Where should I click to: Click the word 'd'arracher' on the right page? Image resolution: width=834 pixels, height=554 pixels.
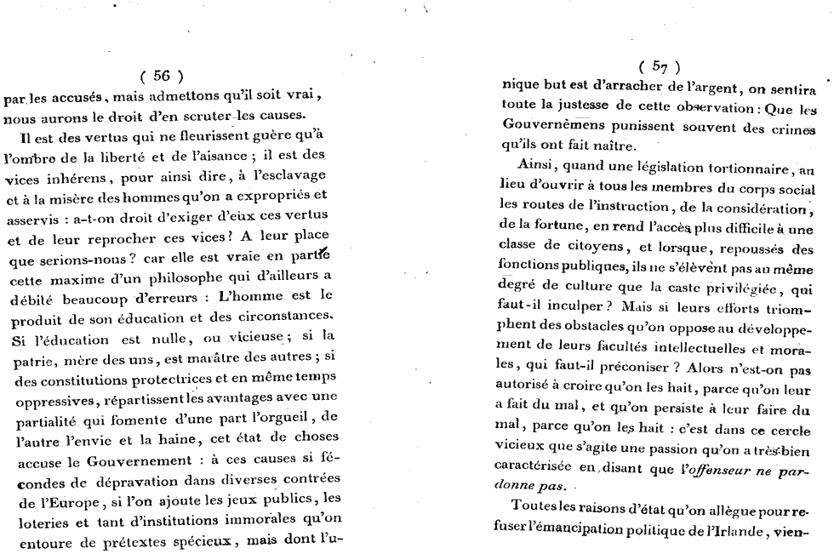(x=620, y=85)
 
